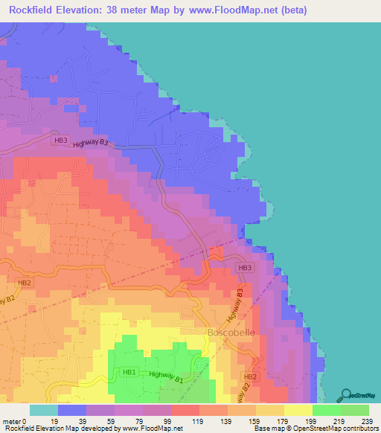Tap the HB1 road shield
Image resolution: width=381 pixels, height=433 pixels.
[129, 372]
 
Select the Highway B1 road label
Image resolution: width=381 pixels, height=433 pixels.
[166, 377]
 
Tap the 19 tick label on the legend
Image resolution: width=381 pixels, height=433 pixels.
[57, 421]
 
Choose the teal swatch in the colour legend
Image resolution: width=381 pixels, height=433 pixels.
[44, 410]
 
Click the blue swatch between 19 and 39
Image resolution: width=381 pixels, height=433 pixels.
[72, 410]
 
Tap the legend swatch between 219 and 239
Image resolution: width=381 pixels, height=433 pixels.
[354, 410]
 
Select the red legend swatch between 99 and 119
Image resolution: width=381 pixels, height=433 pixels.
[185, 410]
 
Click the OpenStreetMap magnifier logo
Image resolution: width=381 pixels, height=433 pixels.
[347, 395]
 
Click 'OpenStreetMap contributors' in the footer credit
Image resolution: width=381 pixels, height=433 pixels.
[342, 429]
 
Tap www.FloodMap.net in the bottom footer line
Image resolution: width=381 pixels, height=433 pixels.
[151, 429]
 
